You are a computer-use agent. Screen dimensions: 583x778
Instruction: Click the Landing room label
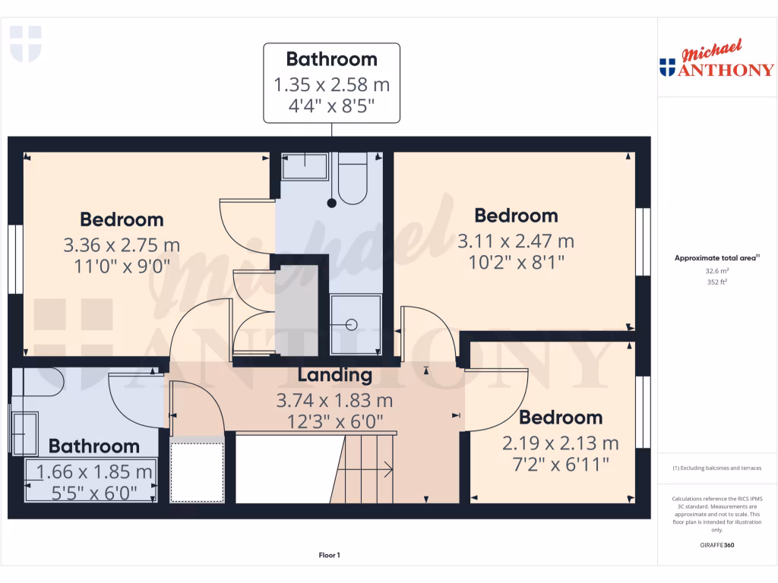[334, 375]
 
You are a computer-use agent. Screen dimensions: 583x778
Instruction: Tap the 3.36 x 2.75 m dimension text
[122, 245]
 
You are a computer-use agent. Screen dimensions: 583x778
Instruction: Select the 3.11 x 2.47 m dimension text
[516, 241]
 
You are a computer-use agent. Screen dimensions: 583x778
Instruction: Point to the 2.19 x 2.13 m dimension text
[561, 443]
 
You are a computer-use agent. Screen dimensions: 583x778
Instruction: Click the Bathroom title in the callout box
[331, 59]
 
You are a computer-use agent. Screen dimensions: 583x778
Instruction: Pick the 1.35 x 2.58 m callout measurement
[331, 84]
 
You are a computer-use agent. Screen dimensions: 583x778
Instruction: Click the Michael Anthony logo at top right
[717, 61]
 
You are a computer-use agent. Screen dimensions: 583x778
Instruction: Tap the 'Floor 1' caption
[329, 556]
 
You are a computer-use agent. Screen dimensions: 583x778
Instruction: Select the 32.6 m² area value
[717, 270]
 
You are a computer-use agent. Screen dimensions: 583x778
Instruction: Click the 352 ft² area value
[717, 282]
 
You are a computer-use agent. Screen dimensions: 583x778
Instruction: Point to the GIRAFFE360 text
[717, 545]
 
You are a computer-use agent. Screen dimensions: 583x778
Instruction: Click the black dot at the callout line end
[331, 203]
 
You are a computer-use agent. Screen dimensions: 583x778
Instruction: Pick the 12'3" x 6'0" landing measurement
[334, 420]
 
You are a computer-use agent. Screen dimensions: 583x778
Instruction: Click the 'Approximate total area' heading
[716, 258]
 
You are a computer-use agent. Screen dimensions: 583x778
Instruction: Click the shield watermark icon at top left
[25, 43]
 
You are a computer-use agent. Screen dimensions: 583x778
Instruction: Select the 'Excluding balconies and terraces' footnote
[717, 468]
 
